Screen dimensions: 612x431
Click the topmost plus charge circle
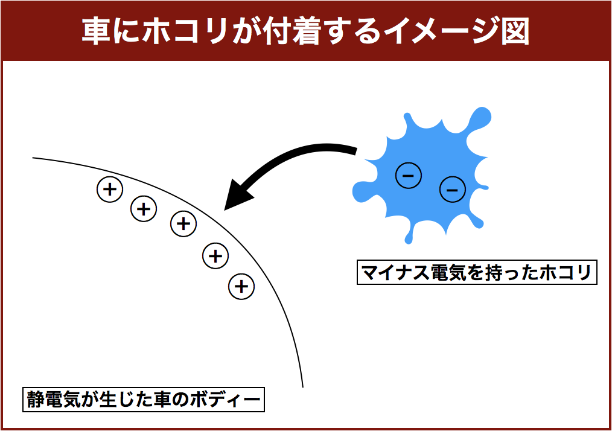110,190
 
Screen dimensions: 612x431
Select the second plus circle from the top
144,209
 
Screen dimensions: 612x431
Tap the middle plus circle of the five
183,224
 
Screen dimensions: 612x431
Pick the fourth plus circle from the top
215,256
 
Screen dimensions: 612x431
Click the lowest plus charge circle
241,286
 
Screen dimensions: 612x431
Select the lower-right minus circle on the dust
453,190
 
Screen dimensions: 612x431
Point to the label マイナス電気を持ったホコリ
477,272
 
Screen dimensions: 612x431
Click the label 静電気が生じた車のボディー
144,400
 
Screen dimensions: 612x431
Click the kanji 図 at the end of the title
515,30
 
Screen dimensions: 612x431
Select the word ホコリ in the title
185,30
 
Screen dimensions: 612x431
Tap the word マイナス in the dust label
395,272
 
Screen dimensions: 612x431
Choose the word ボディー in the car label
226,400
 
